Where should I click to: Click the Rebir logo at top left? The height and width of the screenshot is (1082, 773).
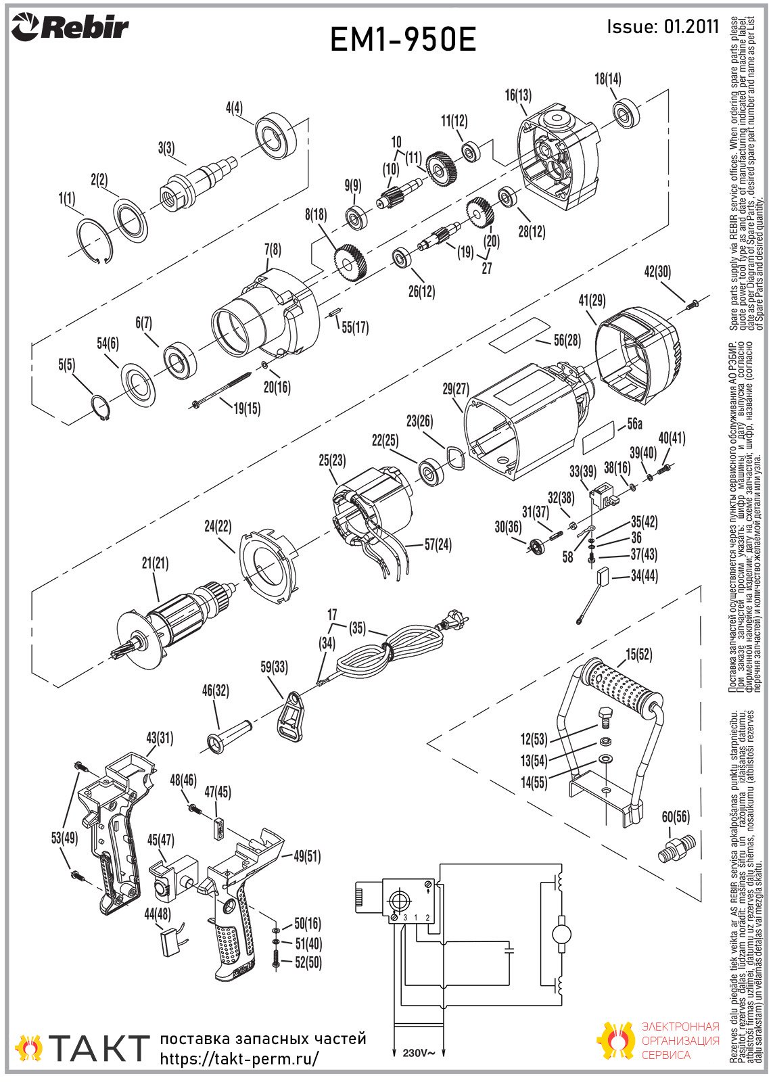point(70,28)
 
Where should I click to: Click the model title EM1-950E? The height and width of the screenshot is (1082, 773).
point(404,39)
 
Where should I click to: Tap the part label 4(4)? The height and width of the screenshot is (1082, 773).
point(234,108)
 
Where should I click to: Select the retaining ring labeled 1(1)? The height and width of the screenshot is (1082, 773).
point(96,241)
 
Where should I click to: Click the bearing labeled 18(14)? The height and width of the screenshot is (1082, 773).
point(627,114)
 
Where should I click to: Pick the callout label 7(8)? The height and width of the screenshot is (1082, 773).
point(273,250)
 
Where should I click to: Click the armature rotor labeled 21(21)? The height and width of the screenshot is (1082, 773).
point(177,622)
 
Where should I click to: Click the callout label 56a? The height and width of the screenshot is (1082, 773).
point(635,424)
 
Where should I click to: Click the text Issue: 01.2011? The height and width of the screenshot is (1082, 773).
point(663,26)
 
